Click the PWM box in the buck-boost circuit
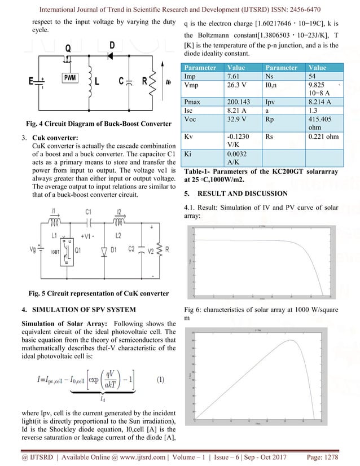pos(71,76)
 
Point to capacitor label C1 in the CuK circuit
pos(88,212)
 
